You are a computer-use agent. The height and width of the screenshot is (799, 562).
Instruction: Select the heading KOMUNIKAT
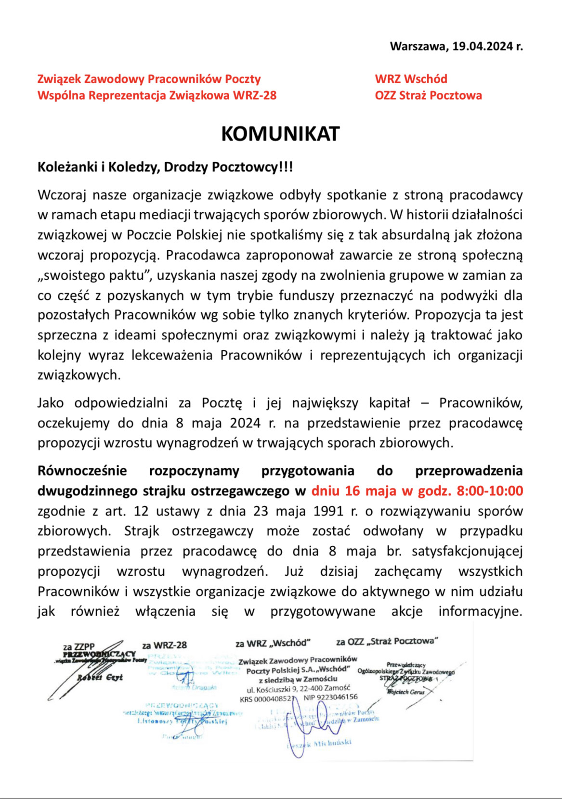pyautogui.click(x=280, y=134)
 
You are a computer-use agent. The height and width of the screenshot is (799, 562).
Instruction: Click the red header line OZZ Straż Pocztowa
pyautogui.click(x=428, y=95)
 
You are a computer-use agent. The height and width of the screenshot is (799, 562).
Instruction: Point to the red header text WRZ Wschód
pyautogui.click(x=411, y=79)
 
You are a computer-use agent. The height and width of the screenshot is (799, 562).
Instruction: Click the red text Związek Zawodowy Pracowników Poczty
pyautogui.click(x=149, y=79)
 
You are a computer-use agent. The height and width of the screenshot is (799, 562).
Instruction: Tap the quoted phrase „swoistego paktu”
pyautogui.click(x=95, y=275)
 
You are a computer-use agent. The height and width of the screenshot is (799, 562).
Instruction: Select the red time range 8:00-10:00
pyautogui.click(x=490, y=491)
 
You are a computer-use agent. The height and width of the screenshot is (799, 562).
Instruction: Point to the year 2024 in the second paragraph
pyautogui.click(x=245, y=423)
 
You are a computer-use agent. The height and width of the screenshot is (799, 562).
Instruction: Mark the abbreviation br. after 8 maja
pyautogui.click(x=394, y=551)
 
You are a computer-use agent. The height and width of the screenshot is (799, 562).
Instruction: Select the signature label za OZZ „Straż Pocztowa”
pyautogui.click(x=387, y=641)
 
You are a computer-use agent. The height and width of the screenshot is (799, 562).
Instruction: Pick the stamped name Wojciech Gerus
pyautogui.click(x=405, y=692)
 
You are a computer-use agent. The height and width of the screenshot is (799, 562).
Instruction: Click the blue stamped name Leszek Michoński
pyautogui.click(x=322, y=743)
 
